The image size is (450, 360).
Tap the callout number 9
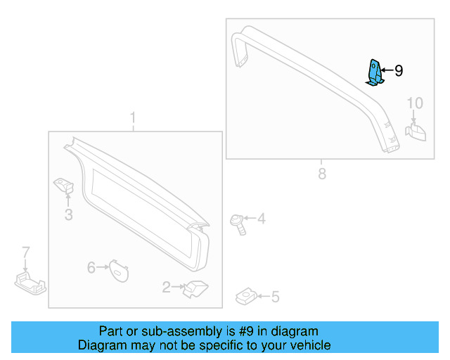click(399, 71)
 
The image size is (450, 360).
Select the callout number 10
click(415, 103)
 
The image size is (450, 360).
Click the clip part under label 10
click(416, 131)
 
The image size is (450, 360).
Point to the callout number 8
click(322, 174)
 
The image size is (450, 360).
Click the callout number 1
click(133, 117)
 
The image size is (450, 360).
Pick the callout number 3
click(68, 214)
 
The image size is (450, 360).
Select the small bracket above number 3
click(65, 186)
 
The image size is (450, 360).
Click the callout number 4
click(261, 219)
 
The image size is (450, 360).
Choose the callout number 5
click(275, 297)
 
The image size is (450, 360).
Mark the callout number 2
click(166, 287)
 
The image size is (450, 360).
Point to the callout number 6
click(91, 267)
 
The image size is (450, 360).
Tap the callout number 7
click(26, 252)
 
